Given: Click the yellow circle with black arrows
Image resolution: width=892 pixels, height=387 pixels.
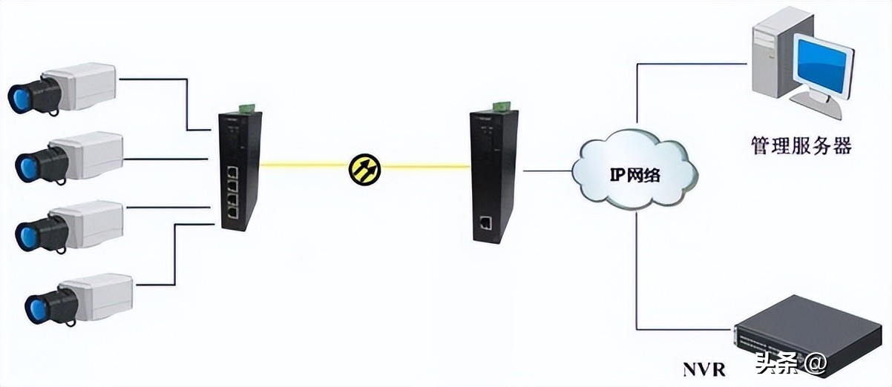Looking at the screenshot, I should point(364,168).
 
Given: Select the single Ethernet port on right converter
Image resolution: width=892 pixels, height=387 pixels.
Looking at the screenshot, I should point(485,222).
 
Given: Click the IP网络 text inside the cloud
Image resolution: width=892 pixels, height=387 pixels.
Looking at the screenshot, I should point(635,176).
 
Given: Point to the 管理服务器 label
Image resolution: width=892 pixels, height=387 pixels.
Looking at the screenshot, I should point(800,145).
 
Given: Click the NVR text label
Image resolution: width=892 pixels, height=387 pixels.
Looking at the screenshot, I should point(704,368).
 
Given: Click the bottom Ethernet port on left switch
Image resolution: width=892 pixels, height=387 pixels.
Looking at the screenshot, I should point(233,212).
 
